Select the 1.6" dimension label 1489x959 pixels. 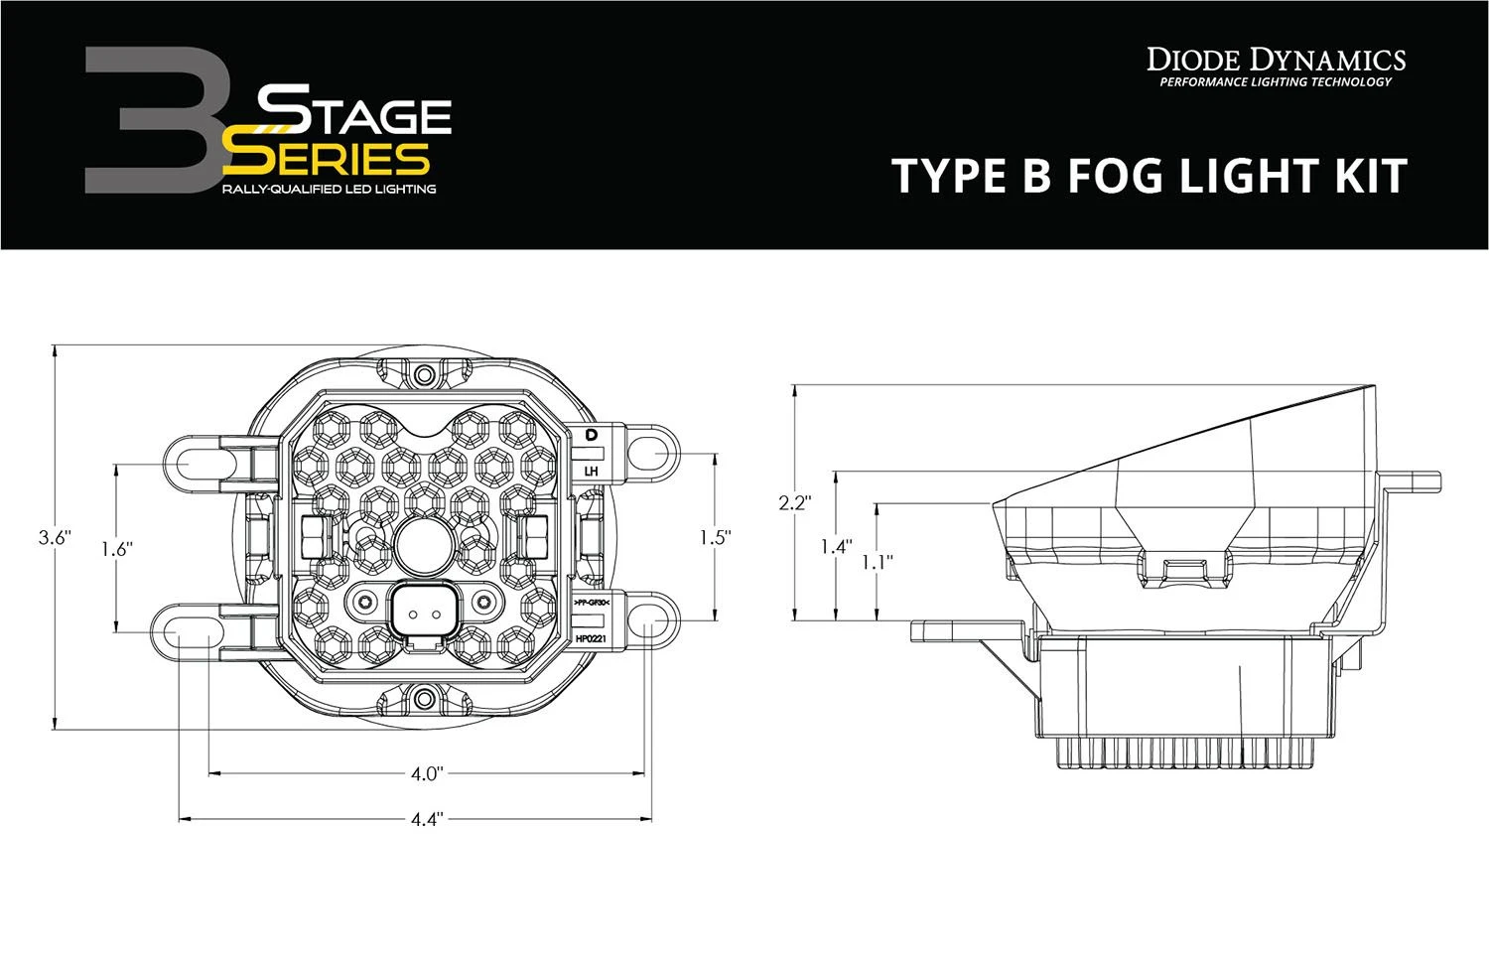point(116,547)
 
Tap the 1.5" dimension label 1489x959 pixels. point(715,537)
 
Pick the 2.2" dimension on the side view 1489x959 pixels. point(794,503)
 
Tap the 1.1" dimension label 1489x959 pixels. point(877,561)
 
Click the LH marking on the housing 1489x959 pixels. point(592,471)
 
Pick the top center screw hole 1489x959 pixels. point(425,374)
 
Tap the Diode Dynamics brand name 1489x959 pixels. point(1276,60)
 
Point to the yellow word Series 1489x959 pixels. point(328,159)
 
